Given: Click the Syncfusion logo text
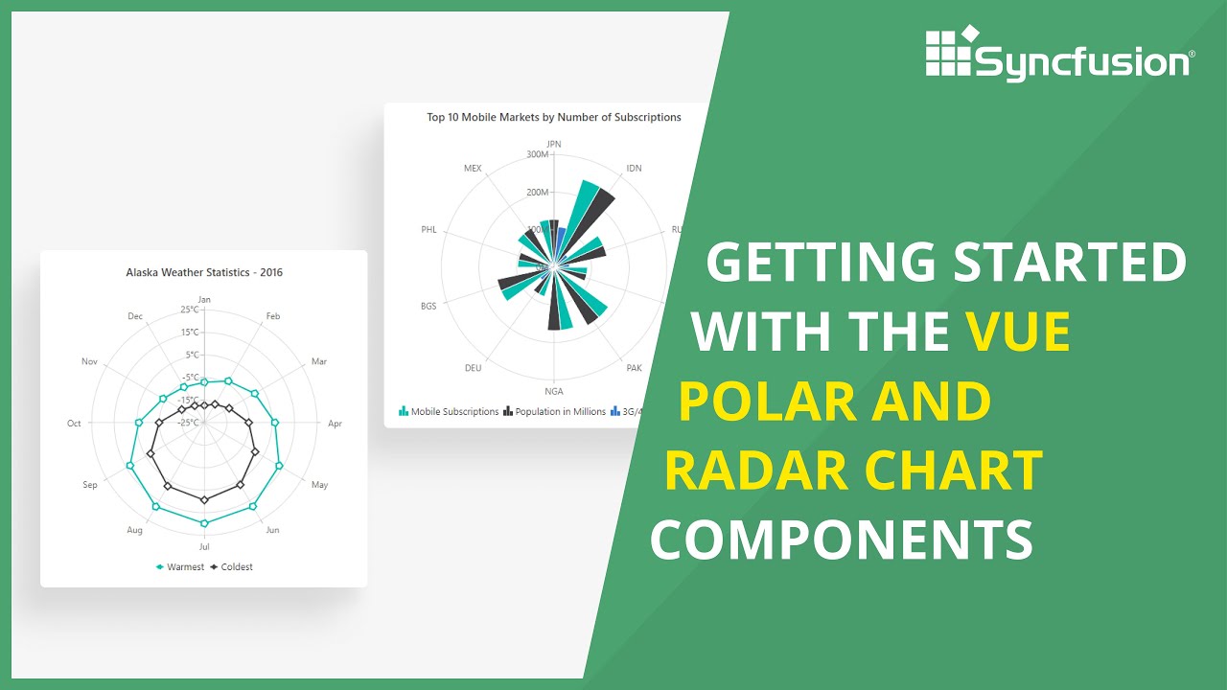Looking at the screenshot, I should (x=1082, y=62).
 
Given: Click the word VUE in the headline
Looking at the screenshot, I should (x=1017, y=332).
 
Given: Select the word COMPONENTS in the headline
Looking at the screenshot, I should (x=842, y=540).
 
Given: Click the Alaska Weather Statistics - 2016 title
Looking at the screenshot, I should (x=204, y=272).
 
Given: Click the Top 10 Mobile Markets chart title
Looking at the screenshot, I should (x=554, y=117).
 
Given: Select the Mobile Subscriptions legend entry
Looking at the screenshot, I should (x=454, y=412).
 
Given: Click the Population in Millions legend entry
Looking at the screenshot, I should (x=560, y=412).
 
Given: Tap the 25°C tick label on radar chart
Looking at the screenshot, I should (x=190, y=310).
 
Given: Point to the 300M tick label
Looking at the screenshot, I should (x=538, y=154).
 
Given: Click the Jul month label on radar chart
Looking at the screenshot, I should (x=204, y=546).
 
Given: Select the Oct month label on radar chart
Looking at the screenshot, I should (x=74, y=424).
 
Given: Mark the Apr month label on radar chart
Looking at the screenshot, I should (x=335, y=424).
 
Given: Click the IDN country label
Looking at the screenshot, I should (x=634, y=169).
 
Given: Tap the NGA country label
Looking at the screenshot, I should (x=554, y=391).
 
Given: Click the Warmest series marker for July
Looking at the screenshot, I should (x=204, y=523).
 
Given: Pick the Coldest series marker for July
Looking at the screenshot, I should (x=204, y=500).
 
